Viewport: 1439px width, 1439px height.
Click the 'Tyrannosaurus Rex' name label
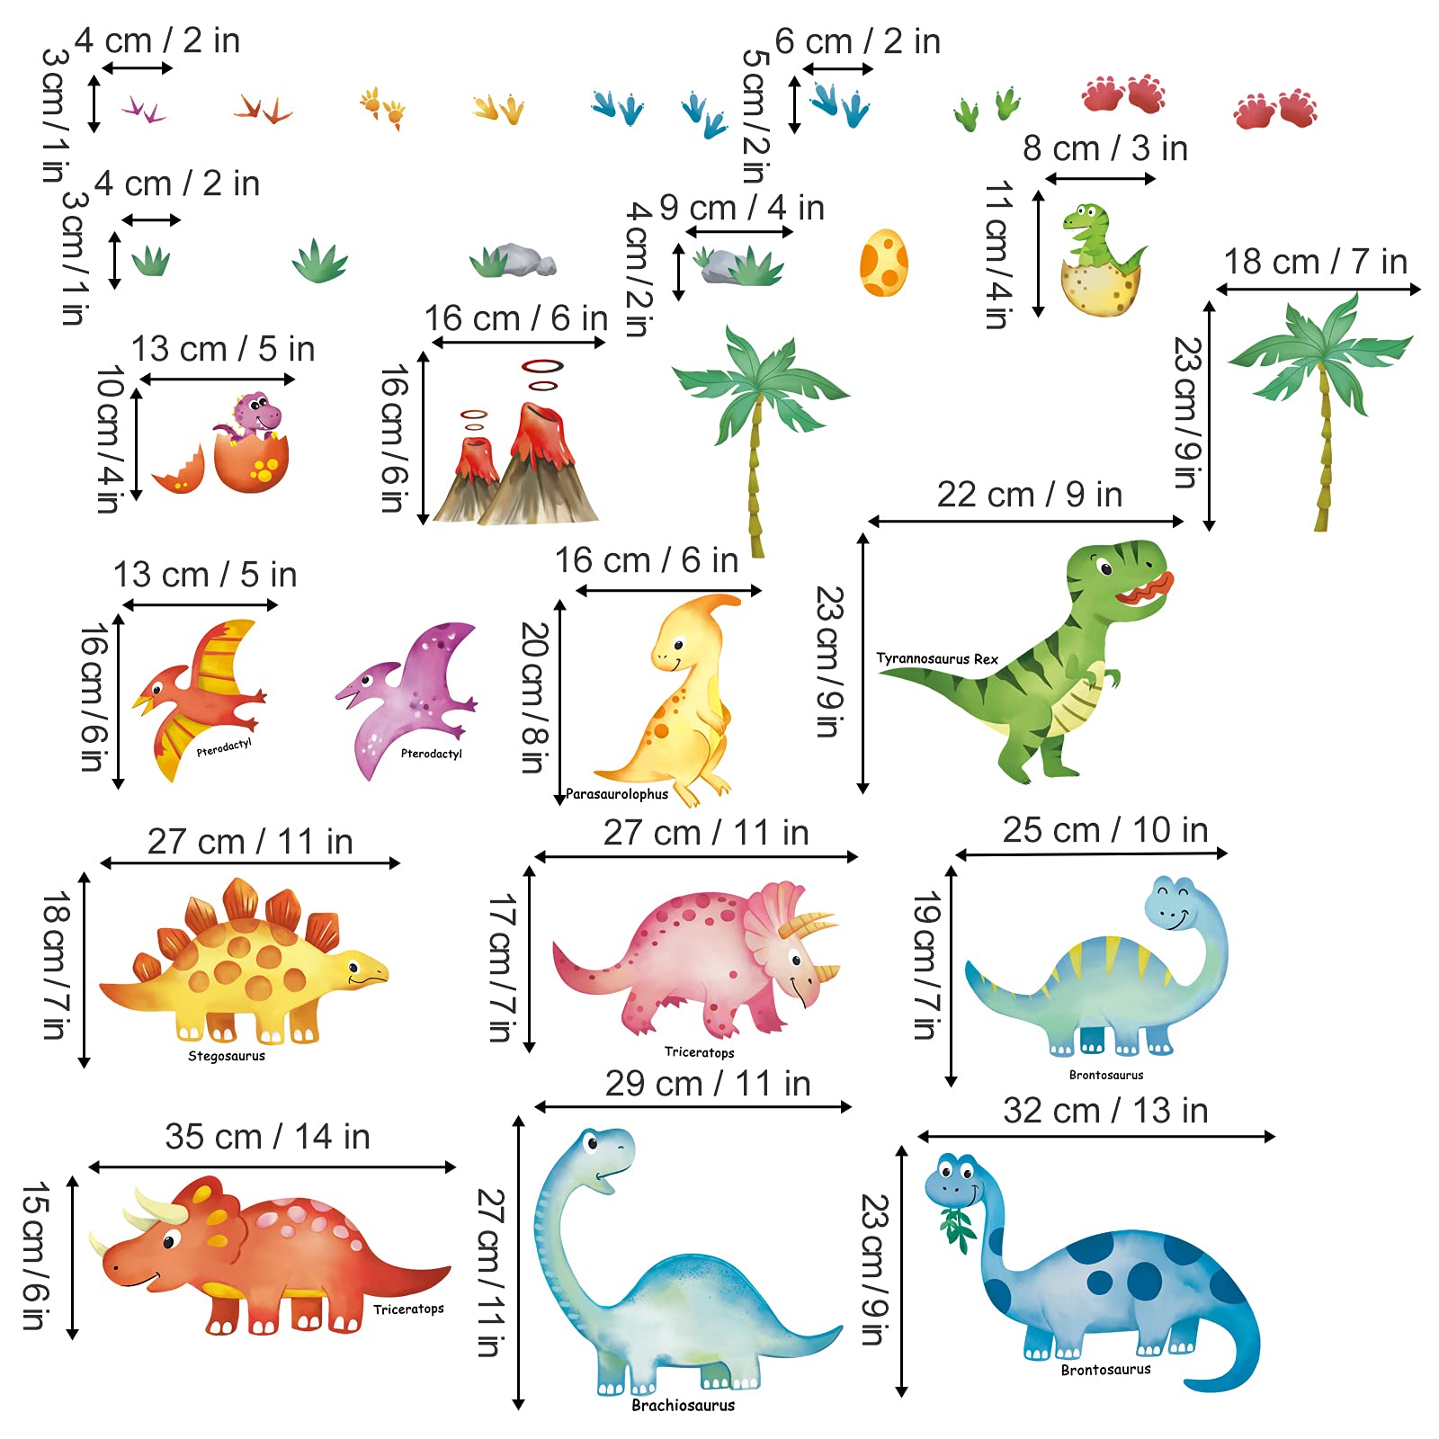point(937,658)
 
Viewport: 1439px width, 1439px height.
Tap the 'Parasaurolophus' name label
point(617,794)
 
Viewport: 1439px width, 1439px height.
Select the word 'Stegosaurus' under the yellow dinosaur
point(227,1056)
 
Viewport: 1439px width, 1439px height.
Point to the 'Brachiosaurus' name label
point(683,1405)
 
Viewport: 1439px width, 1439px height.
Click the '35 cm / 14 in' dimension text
point(267,1137)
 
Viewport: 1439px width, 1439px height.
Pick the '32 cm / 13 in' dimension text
point(1105,1111)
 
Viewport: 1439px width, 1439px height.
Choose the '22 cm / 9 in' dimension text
point(1029,495)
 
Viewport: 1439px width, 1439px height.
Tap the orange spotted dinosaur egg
point(883,263)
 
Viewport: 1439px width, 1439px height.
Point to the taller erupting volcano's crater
point(540,414)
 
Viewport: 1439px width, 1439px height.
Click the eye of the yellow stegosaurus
point(353,969)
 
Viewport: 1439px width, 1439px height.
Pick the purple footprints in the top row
point(143,110)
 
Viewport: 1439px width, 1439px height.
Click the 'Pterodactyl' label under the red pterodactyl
point(224,747)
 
